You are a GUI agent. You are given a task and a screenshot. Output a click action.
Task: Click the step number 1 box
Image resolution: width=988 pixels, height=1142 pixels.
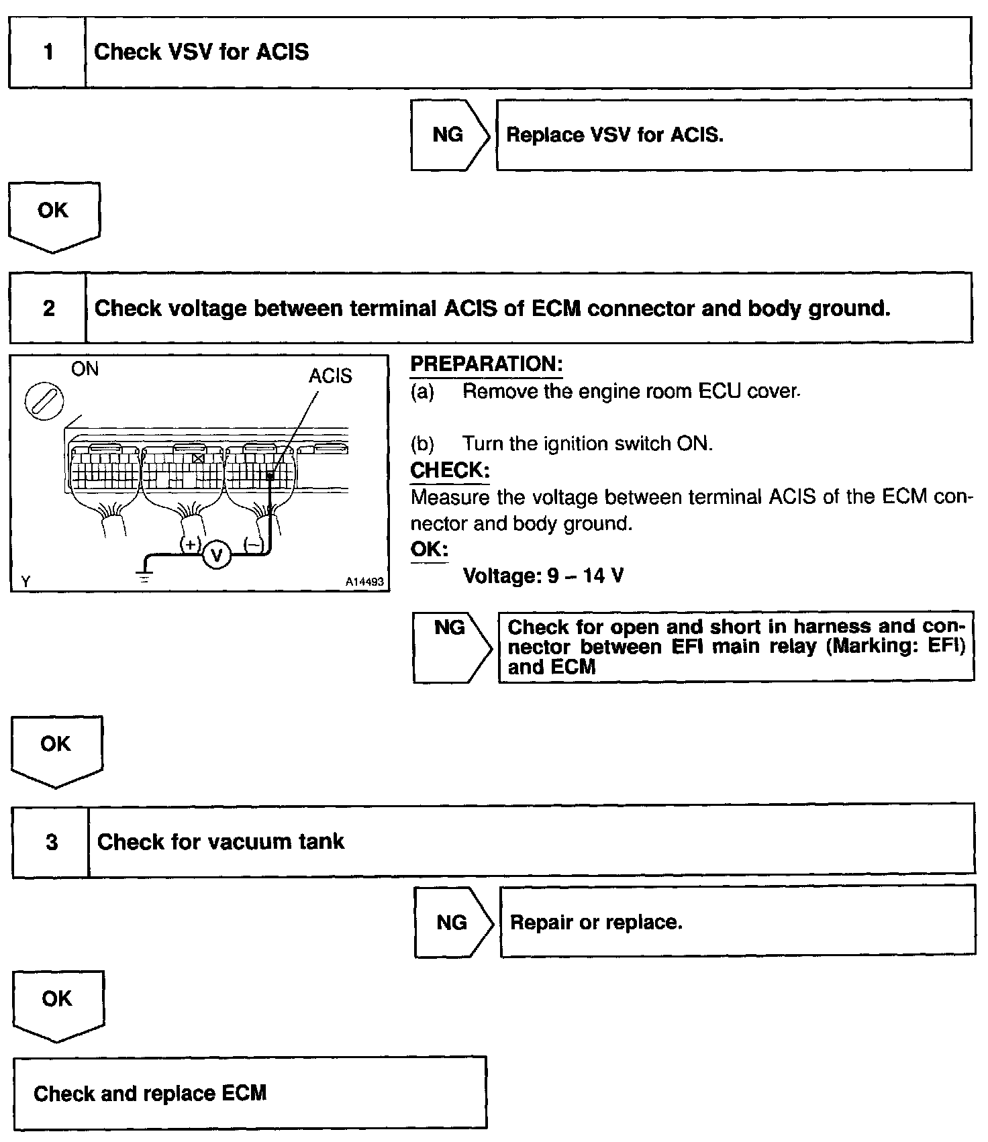coord(48,52)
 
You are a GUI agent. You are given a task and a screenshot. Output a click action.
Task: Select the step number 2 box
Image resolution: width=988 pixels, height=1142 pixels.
coord(48,308)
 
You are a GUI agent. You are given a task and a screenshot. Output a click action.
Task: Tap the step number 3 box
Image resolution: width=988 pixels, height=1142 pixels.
coord(51,842)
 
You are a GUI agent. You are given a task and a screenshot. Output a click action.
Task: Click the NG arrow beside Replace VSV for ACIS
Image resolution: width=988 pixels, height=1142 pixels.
coord(448,135)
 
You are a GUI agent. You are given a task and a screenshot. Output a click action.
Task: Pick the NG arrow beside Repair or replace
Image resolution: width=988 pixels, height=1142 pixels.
coord(452,923)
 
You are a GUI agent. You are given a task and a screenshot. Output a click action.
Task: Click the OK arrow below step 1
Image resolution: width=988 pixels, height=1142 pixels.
coord(54,213)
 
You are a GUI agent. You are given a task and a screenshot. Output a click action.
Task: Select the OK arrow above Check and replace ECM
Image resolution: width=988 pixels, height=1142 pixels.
coord(58,1002)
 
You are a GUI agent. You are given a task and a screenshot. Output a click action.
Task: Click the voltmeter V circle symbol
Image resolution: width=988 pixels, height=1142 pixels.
coord(216,555)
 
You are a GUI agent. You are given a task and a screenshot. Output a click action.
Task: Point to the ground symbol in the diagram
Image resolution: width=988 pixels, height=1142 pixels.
coord(144,574)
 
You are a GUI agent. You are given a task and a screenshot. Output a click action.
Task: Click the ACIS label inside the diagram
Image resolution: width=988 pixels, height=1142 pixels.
coord(330,376)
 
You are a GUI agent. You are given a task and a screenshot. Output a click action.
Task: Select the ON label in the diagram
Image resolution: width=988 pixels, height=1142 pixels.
coord(85,369)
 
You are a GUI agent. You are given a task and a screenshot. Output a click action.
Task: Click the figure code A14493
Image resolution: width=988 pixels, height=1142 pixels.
coord(364,582)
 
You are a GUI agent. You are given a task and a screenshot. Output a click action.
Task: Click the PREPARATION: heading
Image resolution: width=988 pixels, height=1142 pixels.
coord(486,364)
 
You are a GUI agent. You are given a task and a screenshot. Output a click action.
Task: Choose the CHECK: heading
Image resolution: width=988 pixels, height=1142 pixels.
coord(450,470)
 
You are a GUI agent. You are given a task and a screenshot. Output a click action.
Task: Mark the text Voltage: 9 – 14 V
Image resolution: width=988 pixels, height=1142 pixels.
coord(543,576)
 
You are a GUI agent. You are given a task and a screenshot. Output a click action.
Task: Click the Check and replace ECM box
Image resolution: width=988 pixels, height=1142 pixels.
coord(250,1093)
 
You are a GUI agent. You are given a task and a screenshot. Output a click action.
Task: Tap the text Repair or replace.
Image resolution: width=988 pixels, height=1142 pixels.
coord(596,923)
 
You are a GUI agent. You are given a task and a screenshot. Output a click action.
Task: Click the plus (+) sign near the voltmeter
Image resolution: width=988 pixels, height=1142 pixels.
coord(191,545)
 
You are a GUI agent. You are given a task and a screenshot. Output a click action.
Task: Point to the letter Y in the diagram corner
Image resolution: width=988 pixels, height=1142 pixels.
coord(26,582)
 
